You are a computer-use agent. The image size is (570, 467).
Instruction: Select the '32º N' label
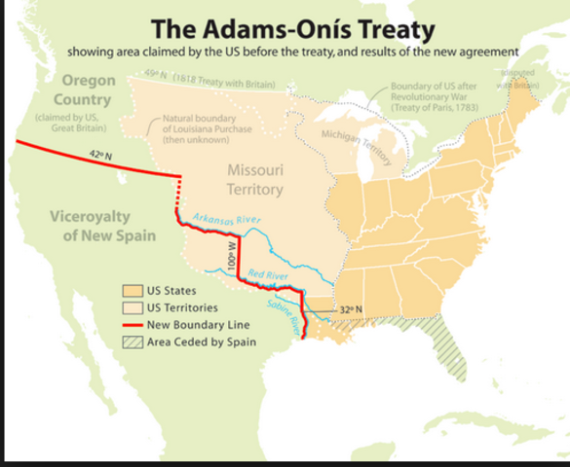pos(353,309)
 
